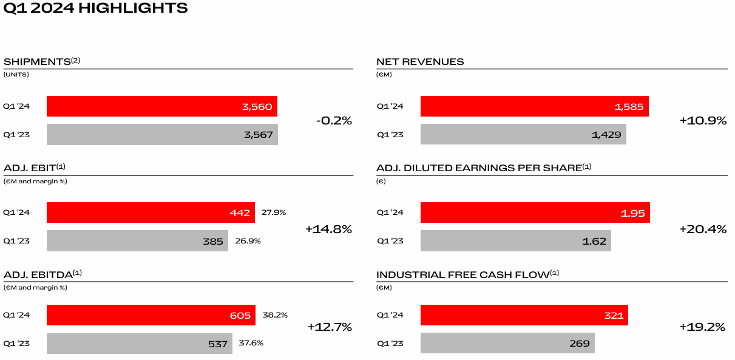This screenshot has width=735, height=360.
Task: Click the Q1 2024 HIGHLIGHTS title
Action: (x=95, y=8)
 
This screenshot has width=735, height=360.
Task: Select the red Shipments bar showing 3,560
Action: (x=161, y=106)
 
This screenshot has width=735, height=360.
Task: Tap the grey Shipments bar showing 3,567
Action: (x=161, y=134)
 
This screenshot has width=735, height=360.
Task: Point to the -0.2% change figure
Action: (x=334, y=120)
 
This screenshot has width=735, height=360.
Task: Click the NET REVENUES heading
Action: (x=420, y=61)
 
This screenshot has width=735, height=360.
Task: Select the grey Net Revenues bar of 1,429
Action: (x=523, y=134)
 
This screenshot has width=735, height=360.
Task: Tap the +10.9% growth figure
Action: (x=703, y=120)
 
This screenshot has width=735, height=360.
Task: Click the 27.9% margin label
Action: (x=274, y=212)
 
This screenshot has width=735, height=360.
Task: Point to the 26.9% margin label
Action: (x=248, y=240)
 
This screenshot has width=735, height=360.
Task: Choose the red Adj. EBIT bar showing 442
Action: (x=150, y=212)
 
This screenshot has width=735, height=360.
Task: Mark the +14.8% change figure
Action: (x=328, y=229)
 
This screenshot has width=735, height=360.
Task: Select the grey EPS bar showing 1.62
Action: (x=515, y=240)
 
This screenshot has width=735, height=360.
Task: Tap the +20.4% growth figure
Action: (x=703, y=229)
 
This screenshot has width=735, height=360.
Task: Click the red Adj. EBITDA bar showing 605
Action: (x=151, y=315)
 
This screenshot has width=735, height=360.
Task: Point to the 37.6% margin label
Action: (x=251, y=343)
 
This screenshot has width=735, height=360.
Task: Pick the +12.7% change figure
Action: (x=329, y=327)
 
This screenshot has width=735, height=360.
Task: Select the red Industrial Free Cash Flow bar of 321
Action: (x=524, y=315)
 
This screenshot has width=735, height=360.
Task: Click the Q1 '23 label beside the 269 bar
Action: (x=390, y=343)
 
